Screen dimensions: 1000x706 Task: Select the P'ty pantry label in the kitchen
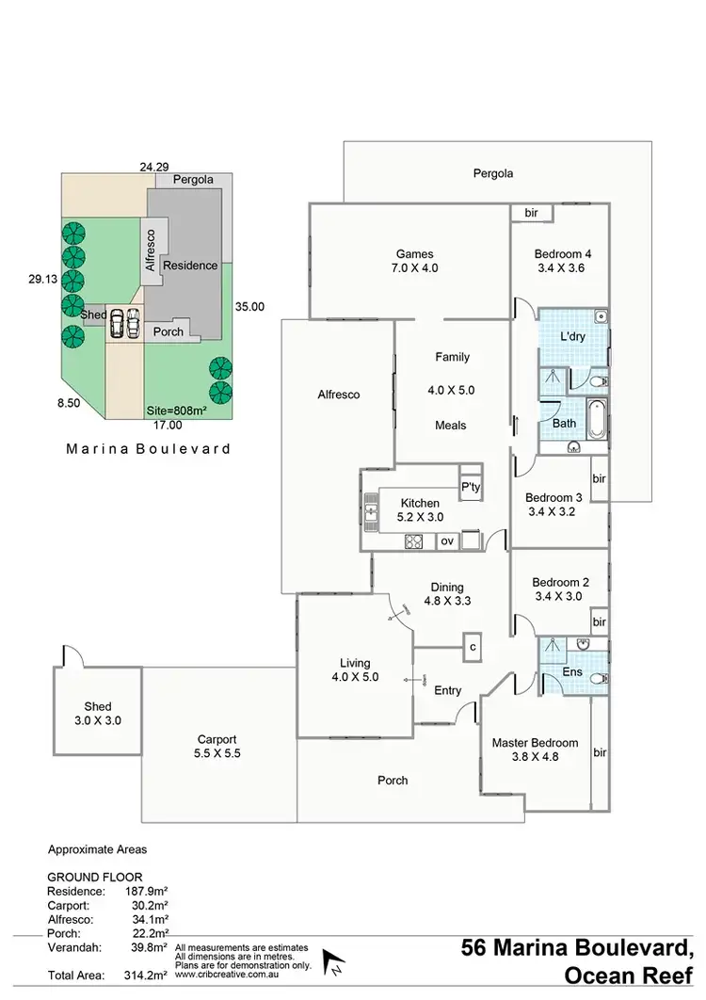pos(469,487)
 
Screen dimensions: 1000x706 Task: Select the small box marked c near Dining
pos(473,647)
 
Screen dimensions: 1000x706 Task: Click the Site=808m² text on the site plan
pos(178,411)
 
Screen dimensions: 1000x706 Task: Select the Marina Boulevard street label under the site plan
pos(148,449)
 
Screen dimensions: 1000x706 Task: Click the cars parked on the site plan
pos(123,324)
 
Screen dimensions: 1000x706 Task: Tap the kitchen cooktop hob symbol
pos(413,540)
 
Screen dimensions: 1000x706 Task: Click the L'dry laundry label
pos(573,336)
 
